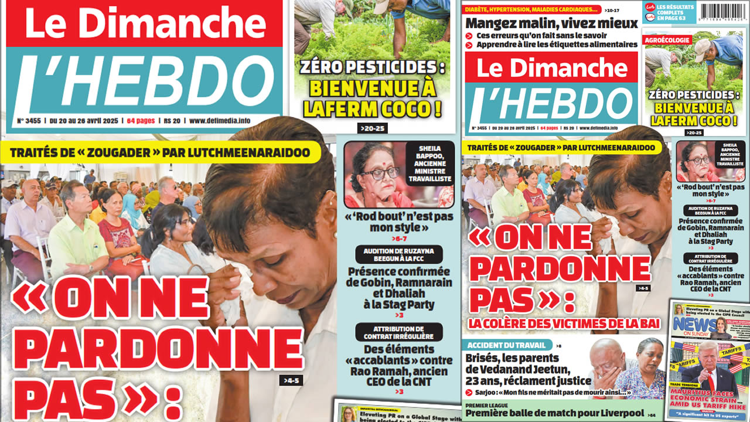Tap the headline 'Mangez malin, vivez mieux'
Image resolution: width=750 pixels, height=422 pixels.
click(551, 23)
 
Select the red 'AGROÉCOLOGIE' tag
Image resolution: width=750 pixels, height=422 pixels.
click(667, 40)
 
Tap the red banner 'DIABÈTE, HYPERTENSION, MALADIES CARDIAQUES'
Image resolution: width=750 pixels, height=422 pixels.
click(532, 9)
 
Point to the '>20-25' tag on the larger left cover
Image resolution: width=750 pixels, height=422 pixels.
click(373, 128)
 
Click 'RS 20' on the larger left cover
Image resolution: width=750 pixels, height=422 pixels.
click(171, 121)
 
